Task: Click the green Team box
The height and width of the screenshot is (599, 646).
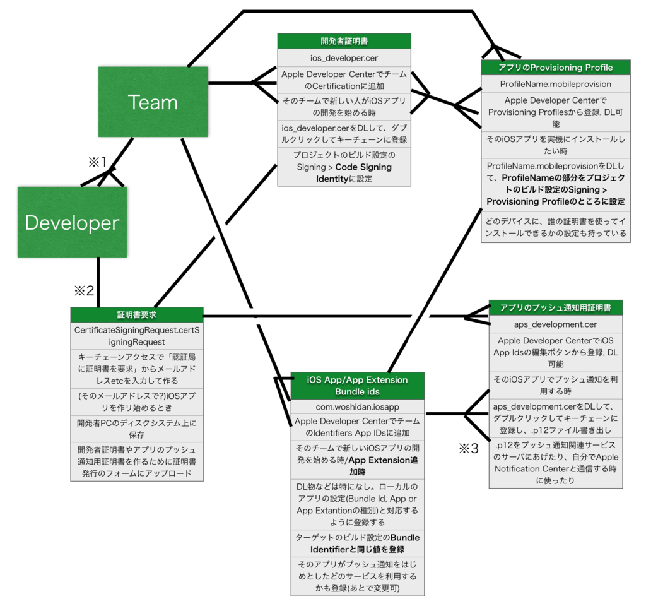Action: point(153,102)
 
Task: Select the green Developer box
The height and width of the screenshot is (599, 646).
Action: point(72,222)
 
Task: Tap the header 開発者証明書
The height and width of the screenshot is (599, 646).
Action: point(344,41)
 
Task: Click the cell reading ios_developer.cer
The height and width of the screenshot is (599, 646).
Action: point(344,58)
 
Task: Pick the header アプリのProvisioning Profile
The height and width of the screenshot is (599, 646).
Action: point(555,68)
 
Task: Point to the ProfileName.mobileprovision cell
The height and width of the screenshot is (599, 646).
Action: point(555,84)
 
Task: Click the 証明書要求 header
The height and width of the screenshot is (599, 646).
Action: point(137,315)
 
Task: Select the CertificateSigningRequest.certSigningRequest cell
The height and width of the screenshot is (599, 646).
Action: point(137,336)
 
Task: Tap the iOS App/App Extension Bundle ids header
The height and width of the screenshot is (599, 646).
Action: point(357,386)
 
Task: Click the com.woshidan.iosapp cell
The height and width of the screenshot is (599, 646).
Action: point(357,407)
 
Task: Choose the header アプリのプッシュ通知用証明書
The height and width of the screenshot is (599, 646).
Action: point(555,308)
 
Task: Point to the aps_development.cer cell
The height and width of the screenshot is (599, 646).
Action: point(555,324)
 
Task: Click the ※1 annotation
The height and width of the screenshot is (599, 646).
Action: point(98,162)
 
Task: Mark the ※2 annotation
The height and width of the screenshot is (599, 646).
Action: point(84,290)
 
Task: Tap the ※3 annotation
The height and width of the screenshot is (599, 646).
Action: point(469,449)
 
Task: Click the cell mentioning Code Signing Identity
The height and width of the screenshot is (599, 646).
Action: point(344,167)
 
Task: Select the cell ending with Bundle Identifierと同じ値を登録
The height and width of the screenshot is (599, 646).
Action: point(357,543)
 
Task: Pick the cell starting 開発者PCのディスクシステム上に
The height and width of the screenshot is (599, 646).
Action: point(137,429)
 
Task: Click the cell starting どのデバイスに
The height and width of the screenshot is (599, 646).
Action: point(555,227)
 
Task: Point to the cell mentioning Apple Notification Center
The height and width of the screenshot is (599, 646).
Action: point(555,463)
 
